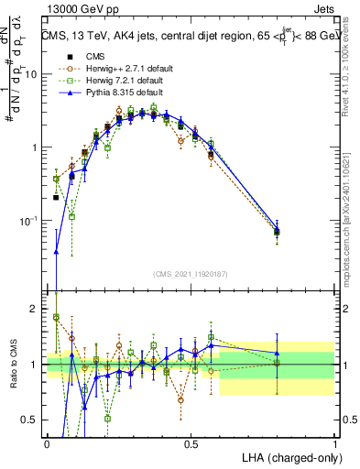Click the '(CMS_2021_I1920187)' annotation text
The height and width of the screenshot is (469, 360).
coord(191,274)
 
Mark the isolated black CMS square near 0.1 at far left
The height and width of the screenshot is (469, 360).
coord(56,197)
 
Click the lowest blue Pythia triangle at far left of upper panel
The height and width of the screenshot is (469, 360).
coord(57,251)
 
